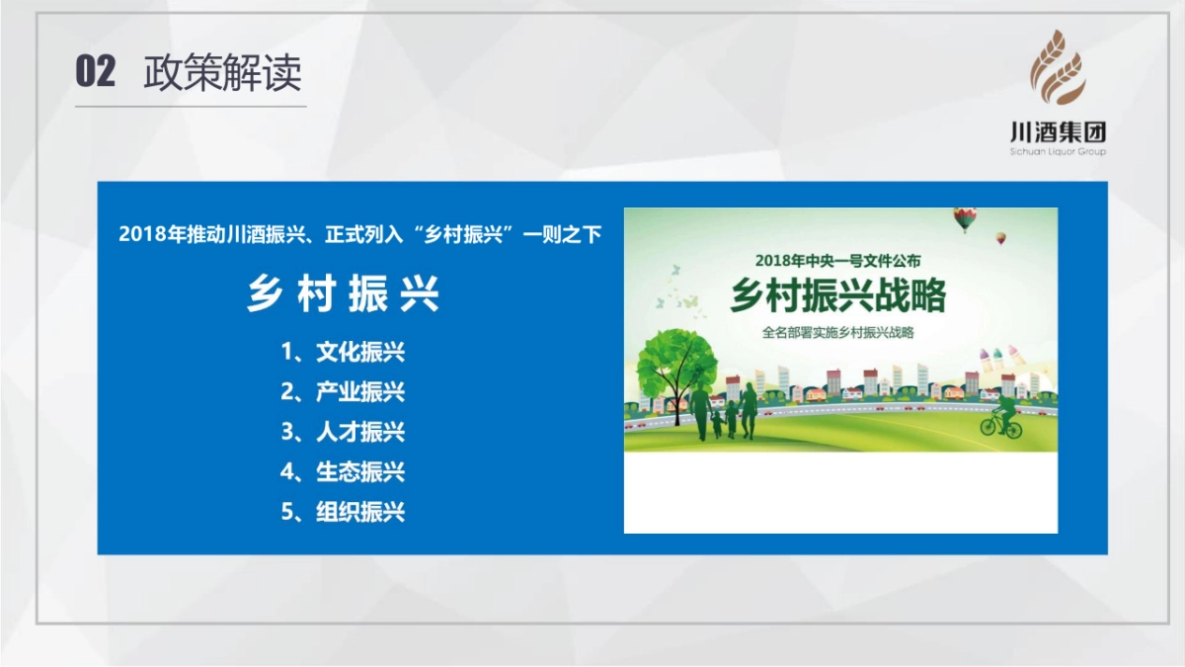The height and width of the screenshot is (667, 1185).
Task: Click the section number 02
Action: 95,71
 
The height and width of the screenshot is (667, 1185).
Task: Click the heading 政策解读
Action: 222,72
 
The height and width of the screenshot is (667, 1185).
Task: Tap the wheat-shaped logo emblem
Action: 1057,67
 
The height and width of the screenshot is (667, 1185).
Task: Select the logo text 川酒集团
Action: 1058,131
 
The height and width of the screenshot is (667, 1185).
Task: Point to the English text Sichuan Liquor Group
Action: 1058,152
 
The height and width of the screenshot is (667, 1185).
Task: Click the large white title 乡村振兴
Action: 343,293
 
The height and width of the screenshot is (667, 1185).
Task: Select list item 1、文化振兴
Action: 343,352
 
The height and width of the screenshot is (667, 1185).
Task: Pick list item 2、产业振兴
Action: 343,391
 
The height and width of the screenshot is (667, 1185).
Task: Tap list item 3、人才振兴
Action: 343,432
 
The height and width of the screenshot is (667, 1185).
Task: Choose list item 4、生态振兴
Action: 343,471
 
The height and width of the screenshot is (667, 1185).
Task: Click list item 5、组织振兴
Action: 343,512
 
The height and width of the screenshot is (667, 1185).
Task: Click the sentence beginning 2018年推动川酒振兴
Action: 359,234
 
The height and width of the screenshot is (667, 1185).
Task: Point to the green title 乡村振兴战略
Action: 838,295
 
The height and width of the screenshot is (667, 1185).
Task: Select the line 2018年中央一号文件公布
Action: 838,261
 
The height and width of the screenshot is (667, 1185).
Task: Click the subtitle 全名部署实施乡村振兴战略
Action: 838,332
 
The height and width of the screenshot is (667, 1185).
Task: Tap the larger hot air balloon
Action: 965,219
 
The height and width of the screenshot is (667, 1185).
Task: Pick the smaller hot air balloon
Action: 1001,238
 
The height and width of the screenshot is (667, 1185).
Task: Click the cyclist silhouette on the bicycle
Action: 1001,418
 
